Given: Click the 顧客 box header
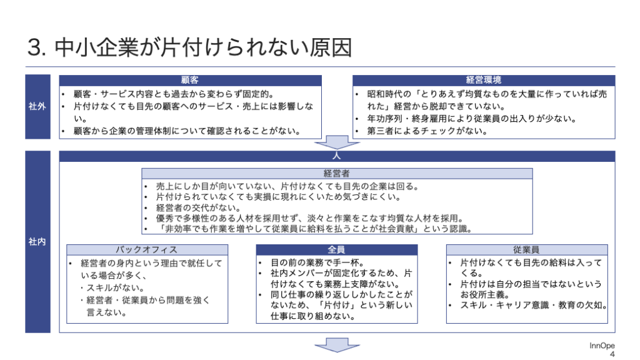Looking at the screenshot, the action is pos(190,80).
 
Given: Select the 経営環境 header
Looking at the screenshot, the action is pos(484,80).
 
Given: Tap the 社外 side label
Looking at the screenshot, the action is pos(37,106).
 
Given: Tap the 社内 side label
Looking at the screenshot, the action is pos(37,242).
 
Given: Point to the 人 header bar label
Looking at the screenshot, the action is pos(337,156).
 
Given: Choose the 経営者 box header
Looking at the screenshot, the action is pos(337,174).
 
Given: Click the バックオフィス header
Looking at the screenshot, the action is pos(147,250).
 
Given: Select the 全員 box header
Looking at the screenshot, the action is pos(337,250).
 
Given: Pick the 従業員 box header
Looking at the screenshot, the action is pos(526,250).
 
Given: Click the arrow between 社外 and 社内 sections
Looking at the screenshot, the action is pos(337,142).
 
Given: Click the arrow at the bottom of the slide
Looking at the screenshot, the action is pos(337,345).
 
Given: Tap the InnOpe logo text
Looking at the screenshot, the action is pos(602,346).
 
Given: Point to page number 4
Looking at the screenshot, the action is pos(612,354).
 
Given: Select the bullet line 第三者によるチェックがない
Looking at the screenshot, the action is pos(427,131).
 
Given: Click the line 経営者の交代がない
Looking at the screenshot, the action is pos(198,207).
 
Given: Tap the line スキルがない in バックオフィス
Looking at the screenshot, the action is pos(112,287).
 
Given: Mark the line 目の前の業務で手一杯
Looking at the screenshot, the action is pos(317,262).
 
